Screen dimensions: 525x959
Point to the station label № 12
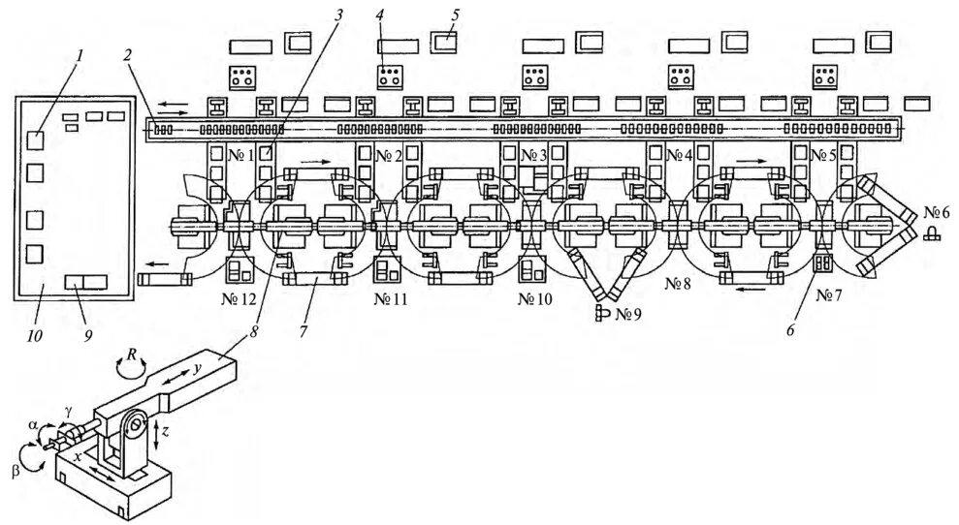239,298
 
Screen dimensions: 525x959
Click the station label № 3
534,155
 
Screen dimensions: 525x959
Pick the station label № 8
679,285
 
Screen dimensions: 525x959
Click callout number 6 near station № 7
790,330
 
